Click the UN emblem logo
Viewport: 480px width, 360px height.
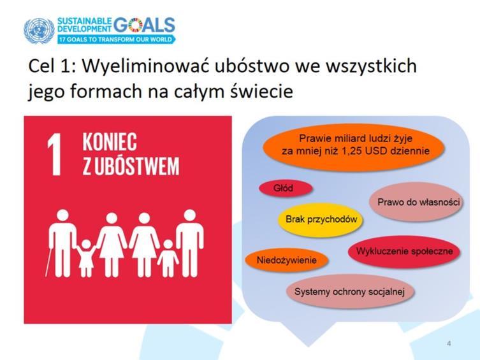click(39, 31)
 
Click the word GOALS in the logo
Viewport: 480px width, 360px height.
click(145, 25)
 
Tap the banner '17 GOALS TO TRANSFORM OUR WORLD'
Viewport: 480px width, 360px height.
click(116, 40)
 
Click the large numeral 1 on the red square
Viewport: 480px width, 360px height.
click(54, 155)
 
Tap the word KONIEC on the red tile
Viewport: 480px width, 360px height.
click(110, 142)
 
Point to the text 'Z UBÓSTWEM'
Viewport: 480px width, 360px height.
click(131, 166)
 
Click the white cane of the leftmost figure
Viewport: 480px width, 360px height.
click(48, 259)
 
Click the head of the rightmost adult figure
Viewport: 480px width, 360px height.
click(190, 215)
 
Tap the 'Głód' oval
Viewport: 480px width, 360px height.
click(286, 188)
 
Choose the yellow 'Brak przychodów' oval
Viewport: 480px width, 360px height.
click(321, 219)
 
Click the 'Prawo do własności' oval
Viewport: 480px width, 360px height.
click(416, 202)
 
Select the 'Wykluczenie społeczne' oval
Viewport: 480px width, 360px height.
click(405, 252)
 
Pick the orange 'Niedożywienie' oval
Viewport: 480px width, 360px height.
click(286, 261)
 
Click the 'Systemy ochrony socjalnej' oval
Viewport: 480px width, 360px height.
click(349, 291)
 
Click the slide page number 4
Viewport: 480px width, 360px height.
click(449, 343)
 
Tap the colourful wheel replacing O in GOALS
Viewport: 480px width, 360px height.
click(136, 25)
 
